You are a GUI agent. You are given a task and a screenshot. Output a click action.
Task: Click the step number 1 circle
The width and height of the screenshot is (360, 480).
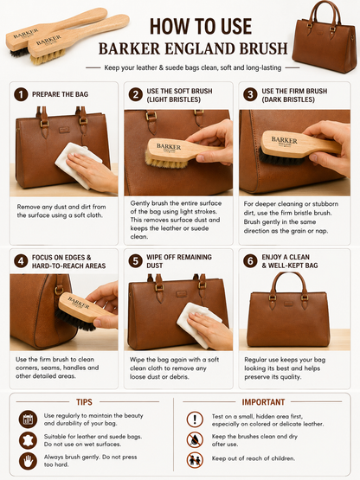(x=21, y=94)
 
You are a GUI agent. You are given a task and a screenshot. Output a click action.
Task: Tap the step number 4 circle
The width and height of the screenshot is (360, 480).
(x=21, y=261)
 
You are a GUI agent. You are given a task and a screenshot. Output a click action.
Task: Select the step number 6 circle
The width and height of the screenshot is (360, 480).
(x=250, y=261)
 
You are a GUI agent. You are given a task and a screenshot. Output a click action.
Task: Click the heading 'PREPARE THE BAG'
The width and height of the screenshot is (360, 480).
(x=60, y=94)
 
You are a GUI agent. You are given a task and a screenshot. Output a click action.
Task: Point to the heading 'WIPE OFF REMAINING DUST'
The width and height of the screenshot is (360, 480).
(x=179, y=261)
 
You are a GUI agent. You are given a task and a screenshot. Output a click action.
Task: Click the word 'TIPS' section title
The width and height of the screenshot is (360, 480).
(x=84, y=402)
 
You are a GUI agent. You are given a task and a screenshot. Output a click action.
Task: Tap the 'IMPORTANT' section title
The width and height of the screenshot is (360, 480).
(x=263, y=402)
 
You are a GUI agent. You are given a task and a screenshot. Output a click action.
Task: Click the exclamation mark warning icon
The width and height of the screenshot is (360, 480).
(x=195, y=419)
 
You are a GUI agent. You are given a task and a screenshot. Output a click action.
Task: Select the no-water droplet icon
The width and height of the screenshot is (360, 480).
(x=195, y=440)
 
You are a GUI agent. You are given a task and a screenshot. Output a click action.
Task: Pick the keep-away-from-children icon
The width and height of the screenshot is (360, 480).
(x=195, y=460)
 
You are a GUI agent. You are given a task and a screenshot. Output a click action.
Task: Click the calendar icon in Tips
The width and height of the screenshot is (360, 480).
(x=28, y=419)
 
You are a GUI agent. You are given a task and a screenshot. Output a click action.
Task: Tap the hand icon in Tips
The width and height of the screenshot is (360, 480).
(x=28, y=461)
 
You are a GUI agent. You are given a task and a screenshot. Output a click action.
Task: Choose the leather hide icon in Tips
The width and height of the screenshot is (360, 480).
(x=28, y=440)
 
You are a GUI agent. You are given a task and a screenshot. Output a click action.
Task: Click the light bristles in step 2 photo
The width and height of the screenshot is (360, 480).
(x=166, y=162)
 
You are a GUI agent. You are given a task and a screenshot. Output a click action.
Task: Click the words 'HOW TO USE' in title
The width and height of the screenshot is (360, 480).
(x=201, y=26)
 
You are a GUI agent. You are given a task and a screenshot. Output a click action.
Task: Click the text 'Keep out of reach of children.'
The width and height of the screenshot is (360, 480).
(x=254, y=458)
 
